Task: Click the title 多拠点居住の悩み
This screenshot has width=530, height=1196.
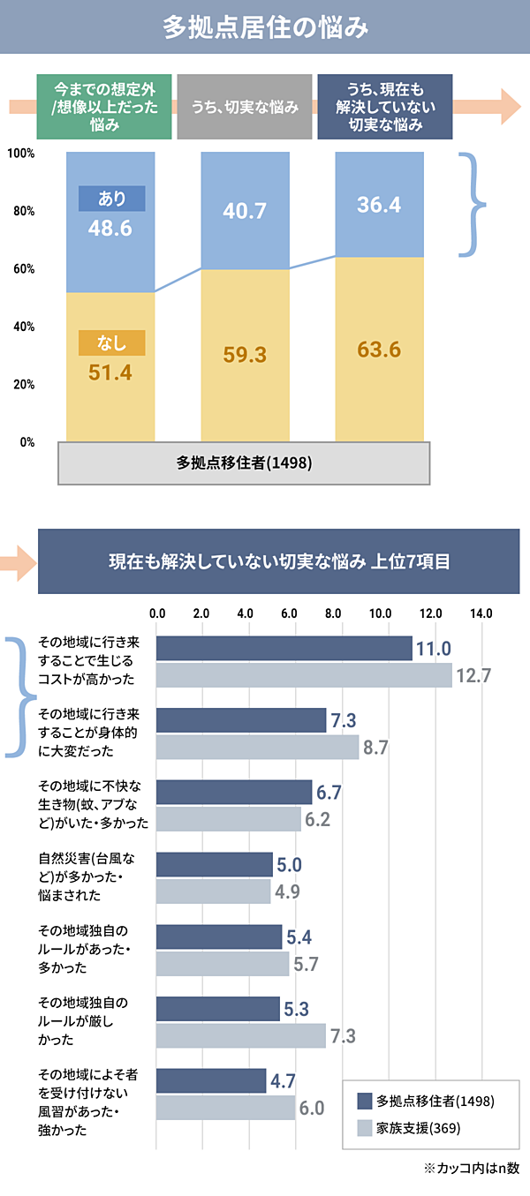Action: [265, 27]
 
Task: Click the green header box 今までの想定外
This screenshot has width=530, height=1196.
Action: [103, 107]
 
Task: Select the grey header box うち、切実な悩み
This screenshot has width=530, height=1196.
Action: [245, 107]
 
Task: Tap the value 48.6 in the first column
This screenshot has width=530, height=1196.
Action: [110, 229]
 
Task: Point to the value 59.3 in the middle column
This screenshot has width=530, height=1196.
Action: [246, 355]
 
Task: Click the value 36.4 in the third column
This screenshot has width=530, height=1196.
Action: [379, 205]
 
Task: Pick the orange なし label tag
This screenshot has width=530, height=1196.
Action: [111, 342]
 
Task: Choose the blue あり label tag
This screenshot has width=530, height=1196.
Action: [111, 199]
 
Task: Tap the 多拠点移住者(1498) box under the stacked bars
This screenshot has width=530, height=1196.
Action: [245, 463]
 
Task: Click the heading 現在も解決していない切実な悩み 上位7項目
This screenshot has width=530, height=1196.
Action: [279, 561]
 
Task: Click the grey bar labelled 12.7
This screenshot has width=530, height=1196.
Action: [304, 675]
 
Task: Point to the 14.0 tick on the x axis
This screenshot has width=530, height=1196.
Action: [481, 613]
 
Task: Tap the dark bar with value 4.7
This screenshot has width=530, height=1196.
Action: [211, 1080]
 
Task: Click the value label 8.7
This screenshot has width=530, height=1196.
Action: [375, 748]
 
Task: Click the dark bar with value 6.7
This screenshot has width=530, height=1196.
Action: [234, 792]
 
